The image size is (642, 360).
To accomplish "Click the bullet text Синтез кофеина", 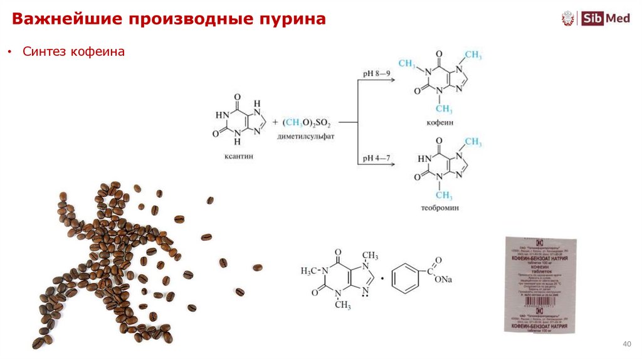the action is [74, 52].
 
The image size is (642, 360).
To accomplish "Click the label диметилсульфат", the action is [307, 135].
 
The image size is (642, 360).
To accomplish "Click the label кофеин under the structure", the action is [441, 123].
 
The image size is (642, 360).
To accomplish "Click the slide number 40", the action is [626, 344].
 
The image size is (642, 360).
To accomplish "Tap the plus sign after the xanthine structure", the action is [275, 121].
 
